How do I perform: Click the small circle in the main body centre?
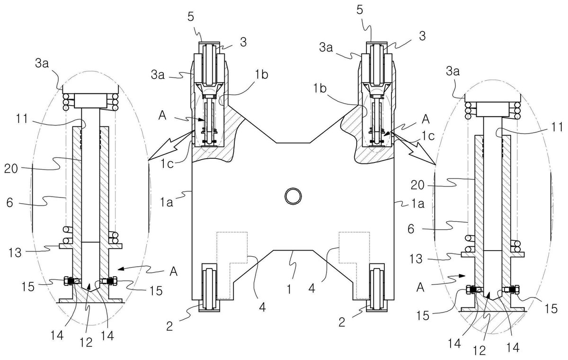pyautogui.click(x=293, y=196)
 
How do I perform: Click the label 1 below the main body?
pyautogui.click(x=289, y=289)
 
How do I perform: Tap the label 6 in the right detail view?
pyautogui.click(x=411, y=229)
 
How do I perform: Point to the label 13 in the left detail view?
pyautogui.click(x=15, y=252)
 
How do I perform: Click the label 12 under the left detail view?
pyautogui.click(x=86, y=342)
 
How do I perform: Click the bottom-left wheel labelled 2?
pyautogui.click(x=209, y=288)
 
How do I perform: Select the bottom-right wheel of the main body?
pyautogui.click(x=378, y=288)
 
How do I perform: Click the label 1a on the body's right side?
pyautogui.click(x=417, y=204)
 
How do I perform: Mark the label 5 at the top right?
pyautogui.click(x=360, y=10)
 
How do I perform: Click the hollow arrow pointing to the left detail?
pyautogui.click(x=169, y=145)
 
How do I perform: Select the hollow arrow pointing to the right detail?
pyautogui.click(x=414, y=148)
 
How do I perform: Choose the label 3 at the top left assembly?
pyautogui.click(x=243, y=42)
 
